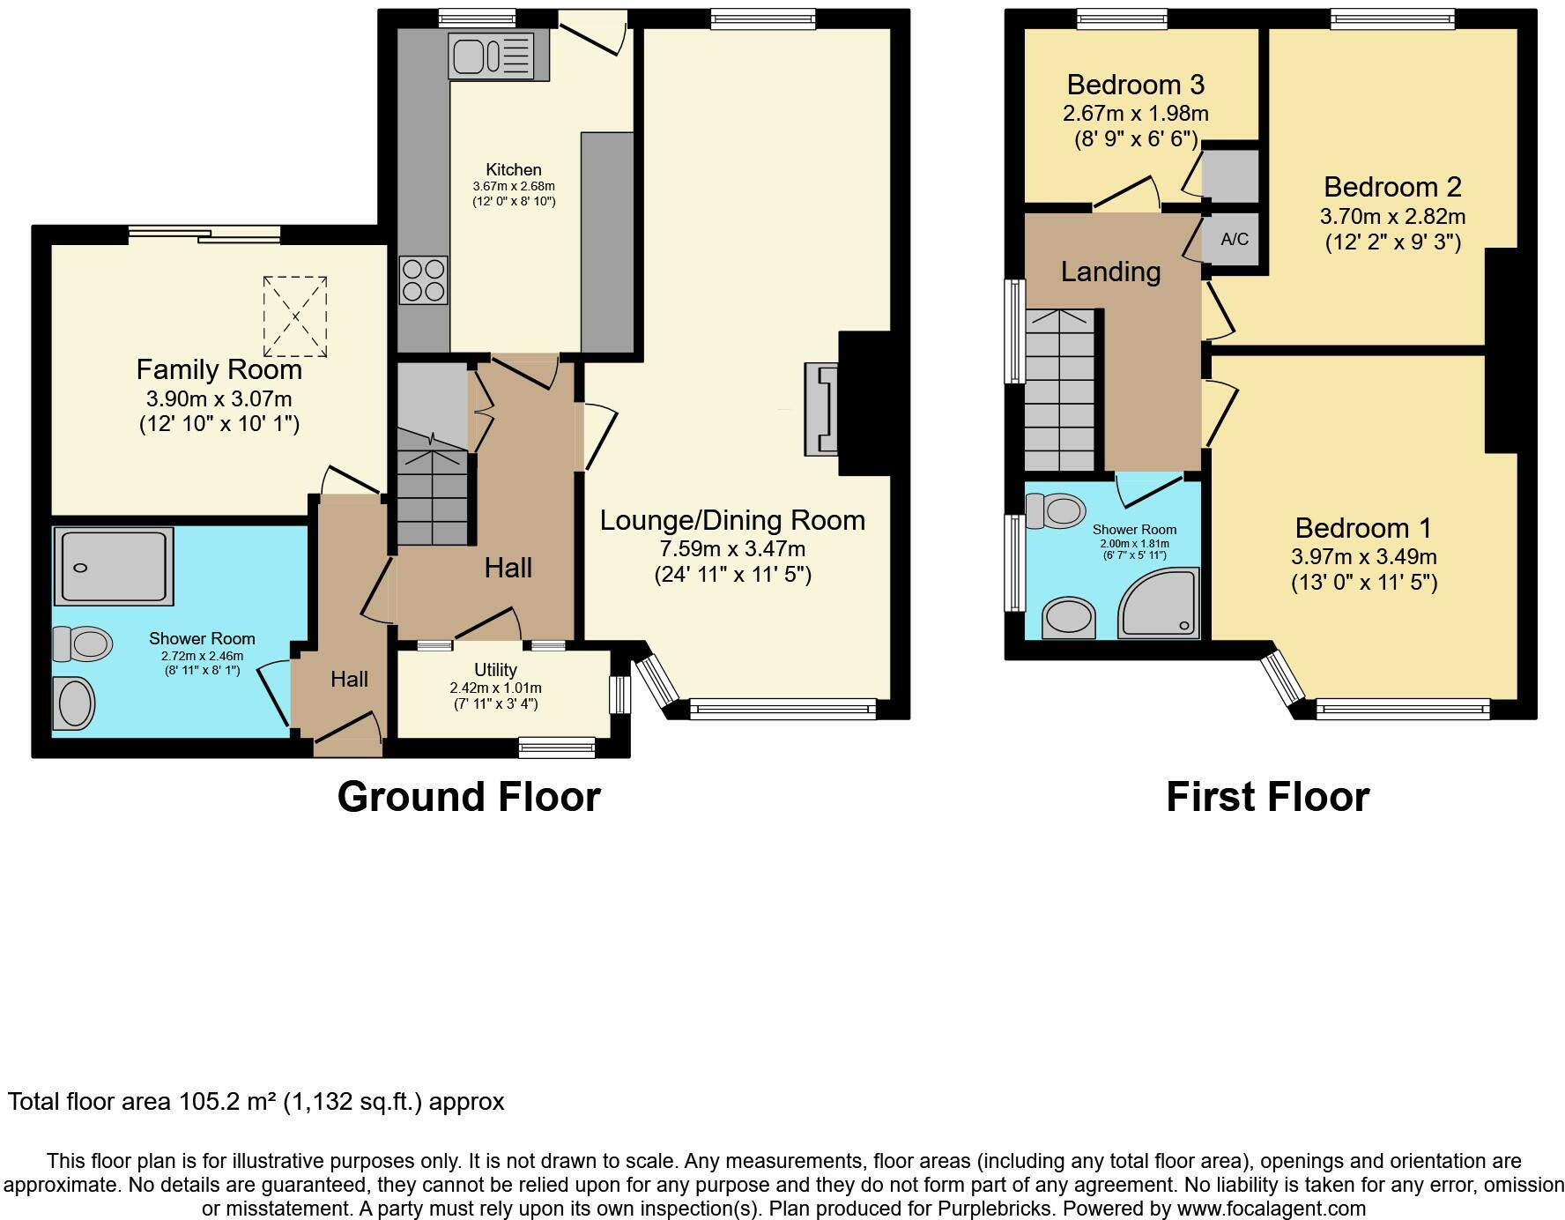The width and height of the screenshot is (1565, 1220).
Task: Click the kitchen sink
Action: pyautogui.click(x=491, y=56)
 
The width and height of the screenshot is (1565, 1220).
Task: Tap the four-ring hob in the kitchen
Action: pyautogui.click(x=424, y=279)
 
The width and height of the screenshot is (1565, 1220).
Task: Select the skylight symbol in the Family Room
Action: pyautogui.click(x=295, y=316)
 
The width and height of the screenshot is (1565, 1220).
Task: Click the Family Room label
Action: pyautogui.click(x=219, y=369)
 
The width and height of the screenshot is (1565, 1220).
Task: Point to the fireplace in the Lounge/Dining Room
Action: pyautogui.click(x=821, y=410)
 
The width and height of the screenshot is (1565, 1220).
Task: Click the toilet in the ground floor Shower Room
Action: pyautogui.click(x=82, y=643)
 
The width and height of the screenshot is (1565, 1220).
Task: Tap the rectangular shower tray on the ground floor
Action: pyautogui.click(x=114, y=565)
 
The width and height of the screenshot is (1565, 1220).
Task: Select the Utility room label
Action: pyautogui.click(x=495, y=670)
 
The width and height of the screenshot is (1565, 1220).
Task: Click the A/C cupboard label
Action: pyautogui.click(x=1234, y=239)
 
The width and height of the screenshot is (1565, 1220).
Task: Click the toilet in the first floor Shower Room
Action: pyautogui.click(x=1057, y=510)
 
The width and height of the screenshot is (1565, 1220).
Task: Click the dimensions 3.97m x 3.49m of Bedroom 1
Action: pyautogui.click(x=1363, y=557)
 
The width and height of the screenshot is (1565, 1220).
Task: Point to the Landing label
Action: pyautogui.click(x=1110, y=272)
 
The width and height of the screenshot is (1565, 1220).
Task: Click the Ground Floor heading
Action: pyautogui.click(x=469, y=797)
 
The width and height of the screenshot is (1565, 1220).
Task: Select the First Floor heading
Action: pyautogui.click(x=1267, y=797)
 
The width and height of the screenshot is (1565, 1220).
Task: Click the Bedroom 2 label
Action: pyautogui.click(x=1392, y=187)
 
